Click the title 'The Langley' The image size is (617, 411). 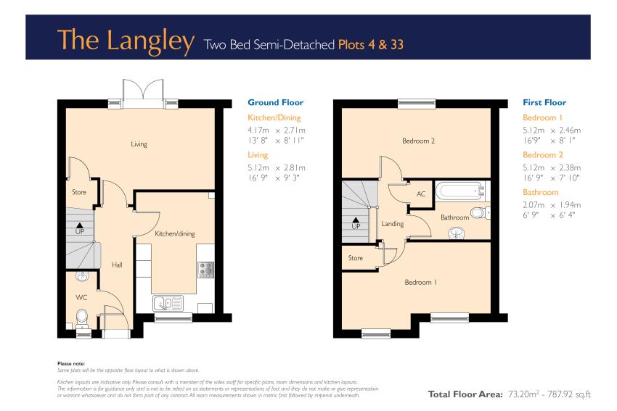(126, 41)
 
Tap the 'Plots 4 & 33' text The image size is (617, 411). (371, 44)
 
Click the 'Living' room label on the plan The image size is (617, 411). (139, 144)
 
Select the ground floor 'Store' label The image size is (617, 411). (78, 192)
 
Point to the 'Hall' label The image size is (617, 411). (117, 265)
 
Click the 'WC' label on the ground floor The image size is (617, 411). (81, 297)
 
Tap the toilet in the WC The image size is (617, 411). (82, 317)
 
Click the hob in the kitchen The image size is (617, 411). (206, 270)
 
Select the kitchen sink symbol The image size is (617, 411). (168, 303)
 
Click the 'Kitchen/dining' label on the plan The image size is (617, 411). (175, 234)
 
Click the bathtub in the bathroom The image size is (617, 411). (460, 191)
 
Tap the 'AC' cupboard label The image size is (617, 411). (421, 194)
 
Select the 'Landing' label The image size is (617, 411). (392, 224)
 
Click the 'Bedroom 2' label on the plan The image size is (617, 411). (418, 141)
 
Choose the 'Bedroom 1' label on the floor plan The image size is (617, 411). (420, 282)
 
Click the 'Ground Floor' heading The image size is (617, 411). (275, 102)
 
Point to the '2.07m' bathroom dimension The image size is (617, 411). (534, 204)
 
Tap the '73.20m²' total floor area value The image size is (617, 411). (523, 394)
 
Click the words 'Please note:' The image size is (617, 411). (71, 364)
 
